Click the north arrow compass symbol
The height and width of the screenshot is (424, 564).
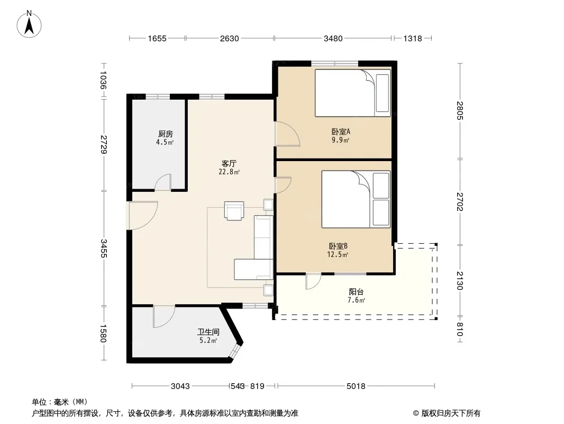click(29, 24)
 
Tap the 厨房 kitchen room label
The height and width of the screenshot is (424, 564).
click(166, 135)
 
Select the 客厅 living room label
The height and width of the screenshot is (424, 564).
click(229, 164)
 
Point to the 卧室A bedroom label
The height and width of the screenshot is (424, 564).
click(341, 132)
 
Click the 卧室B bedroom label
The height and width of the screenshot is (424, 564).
click(338, 246)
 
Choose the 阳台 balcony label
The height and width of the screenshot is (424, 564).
click(356, 292)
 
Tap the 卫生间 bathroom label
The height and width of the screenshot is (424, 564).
click(208, 332)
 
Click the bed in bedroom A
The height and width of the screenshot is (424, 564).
click(352, 93)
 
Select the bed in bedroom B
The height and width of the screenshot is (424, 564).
click(356, 199)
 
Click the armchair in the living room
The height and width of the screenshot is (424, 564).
click(234, 211)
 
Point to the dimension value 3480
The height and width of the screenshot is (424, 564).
click(333, 38)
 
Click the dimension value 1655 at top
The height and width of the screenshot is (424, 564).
click(157, 38)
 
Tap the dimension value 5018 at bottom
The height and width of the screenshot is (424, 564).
click(356, 386)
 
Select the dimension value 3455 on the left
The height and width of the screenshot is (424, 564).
click(104, 249)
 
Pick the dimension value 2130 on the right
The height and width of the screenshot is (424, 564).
click(460, 280)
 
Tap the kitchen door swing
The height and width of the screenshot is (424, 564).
click(163, 182)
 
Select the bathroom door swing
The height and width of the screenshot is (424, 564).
click(164, 317)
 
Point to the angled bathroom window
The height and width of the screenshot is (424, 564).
click(235, 351)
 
